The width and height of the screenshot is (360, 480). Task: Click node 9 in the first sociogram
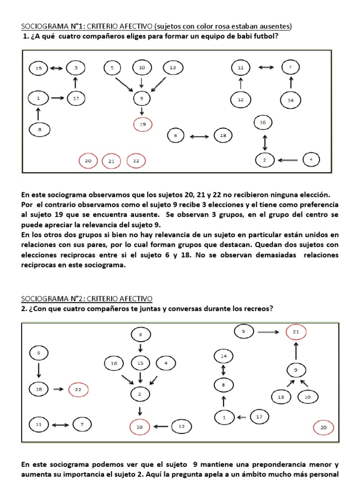click(141, 98)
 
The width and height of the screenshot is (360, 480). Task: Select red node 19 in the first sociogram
click(142, 125)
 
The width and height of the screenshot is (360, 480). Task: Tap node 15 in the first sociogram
click(38, 68)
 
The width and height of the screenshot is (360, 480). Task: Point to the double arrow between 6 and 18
click(200, 136)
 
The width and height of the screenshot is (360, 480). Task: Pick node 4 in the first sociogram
click(310, 159)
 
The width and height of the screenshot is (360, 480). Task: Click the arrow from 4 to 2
click(287, 160)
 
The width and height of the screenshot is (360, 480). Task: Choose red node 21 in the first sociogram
click(112, 161)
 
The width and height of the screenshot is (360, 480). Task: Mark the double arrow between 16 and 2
click(265, 141)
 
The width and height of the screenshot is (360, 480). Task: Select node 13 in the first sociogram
click(173, 68)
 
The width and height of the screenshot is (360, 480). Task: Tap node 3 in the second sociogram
click(141, 334)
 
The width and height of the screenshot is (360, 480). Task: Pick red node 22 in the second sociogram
click(78, 389)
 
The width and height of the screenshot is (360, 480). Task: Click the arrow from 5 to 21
click(268, 332)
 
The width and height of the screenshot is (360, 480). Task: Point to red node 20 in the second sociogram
click(323, 427)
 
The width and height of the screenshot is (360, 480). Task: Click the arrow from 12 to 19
click(161, 427)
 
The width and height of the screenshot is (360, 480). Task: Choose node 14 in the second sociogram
click(224, 356)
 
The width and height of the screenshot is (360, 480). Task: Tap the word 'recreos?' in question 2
click(256, 308)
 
